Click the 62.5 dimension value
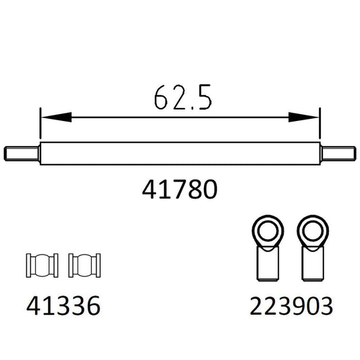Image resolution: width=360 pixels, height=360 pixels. coord(180,99)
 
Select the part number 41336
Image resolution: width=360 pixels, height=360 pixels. coord(63,307)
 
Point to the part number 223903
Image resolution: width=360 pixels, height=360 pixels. coord(291,307)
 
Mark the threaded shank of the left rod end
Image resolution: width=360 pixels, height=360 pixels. coord(269,264)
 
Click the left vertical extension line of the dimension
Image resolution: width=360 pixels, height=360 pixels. coord(41,128)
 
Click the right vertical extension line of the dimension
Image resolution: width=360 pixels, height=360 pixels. coord(319,128)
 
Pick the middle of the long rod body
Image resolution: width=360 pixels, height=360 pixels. coord(180,153)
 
